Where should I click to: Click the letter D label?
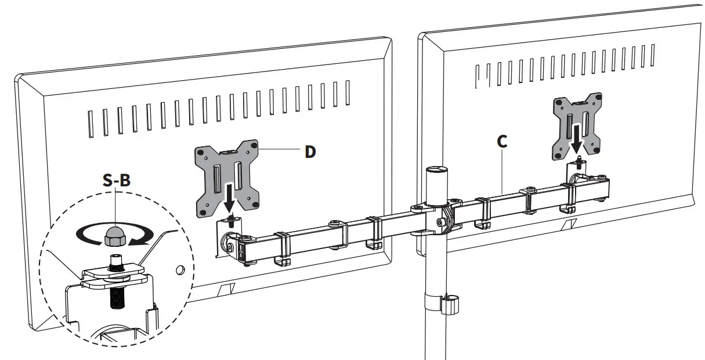[x=310, y=152]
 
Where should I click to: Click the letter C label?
[x=502, y=141]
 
